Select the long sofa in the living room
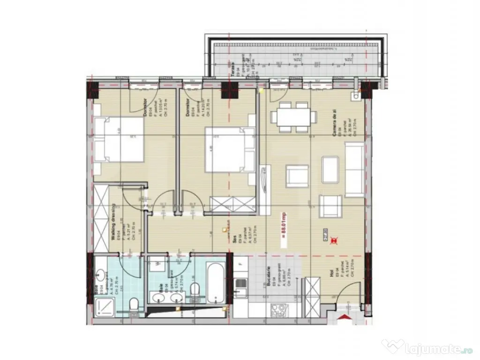(x=354, y=169)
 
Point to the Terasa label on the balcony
(x=235, y=68)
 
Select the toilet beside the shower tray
(x=133, y=305)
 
